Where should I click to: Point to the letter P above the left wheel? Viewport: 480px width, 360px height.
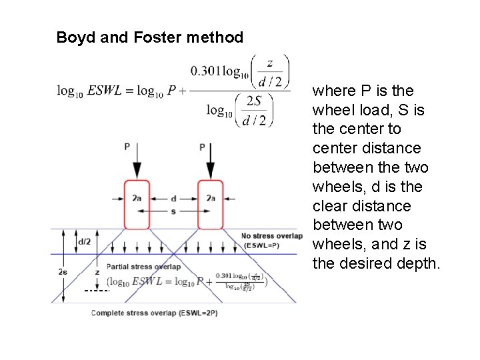tap(127, 146)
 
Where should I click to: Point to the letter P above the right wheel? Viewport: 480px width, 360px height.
tap(202, 146)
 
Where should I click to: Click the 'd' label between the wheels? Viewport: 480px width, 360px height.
tap(174, 198)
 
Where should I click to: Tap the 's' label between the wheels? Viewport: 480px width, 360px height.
tap(174, 211)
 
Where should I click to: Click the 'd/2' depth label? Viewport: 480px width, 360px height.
tap(85, 241)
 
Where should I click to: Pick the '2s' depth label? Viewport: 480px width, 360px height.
tap(63, 272)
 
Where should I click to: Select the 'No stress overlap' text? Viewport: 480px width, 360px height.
tap(271, 236)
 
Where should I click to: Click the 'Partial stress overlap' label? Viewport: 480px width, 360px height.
tap(143, 267)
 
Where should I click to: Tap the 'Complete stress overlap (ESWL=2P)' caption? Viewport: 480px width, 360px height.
tap(154, 313)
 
